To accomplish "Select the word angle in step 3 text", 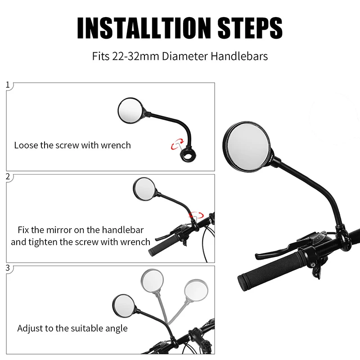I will coord(115,328).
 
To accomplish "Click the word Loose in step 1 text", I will coord(26,145).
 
